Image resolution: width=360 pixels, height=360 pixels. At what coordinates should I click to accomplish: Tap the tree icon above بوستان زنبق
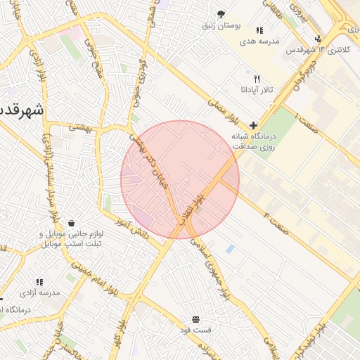tap(221, 14)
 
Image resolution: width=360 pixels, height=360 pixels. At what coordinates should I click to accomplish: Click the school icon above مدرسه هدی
tap(259, 31)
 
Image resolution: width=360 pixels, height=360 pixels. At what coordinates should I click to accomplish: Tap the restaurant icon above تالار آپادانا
tap(257, 79)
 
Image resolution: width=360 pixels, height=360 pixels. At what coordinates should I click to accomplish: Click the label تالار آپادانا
tap(257, 91)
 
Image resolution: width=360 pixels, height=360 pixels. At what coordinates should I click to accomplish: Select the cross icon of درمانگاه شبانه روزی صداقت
tap(254, 124)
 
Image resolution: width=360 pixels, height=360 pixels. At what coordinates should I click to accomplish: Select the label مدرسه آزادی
tap(40, 292)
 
